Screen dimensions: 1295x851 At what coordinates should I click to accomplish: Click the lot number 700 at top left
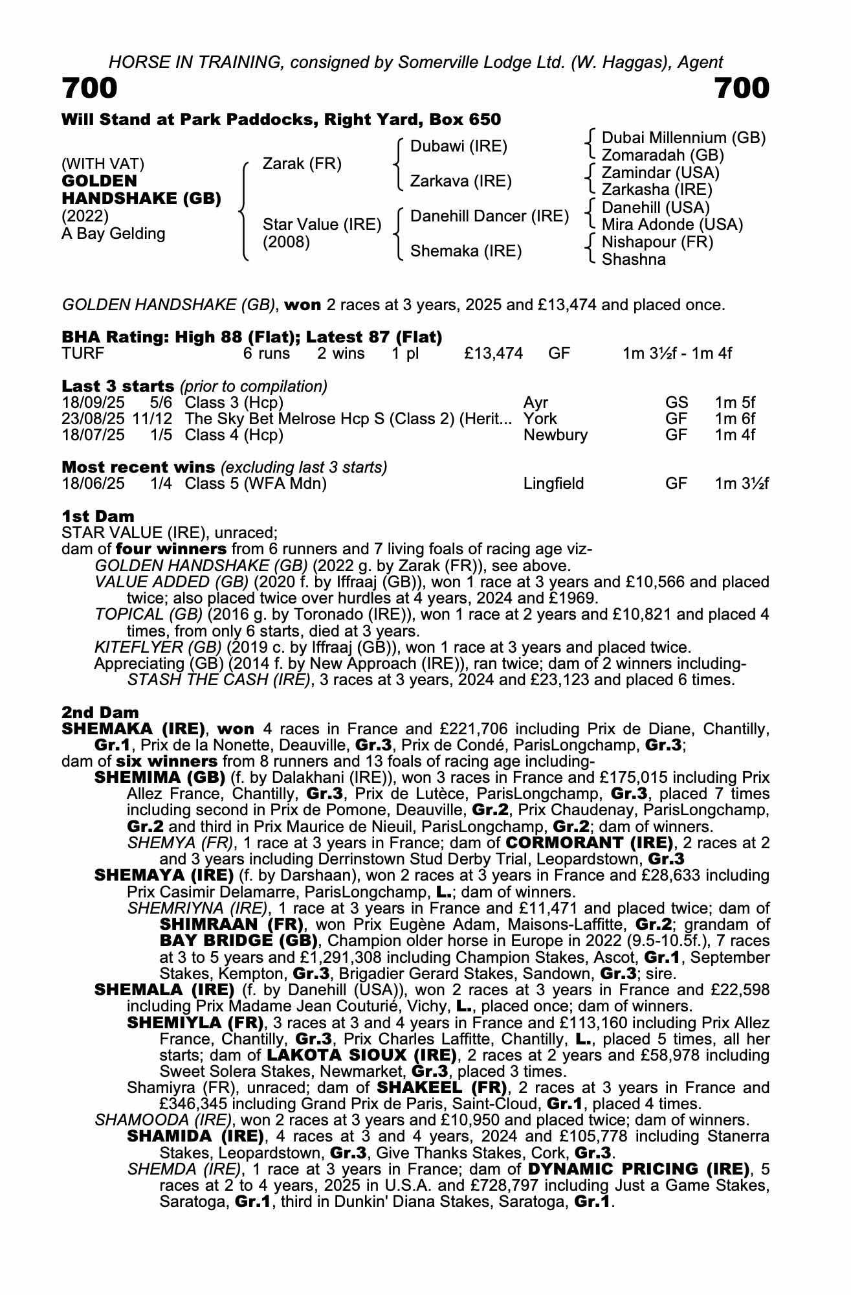(x=90, y=88)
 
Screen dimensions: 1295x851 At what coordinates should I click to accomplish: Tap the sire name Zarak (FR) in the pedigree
(x=302, y=164)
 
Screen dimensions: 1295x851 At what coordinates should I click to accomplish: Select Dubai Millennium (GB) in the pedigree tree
(x=683, y=138)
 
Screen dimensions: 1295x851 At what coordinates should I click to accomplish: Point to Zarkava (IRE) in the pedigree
(x=461, y=181)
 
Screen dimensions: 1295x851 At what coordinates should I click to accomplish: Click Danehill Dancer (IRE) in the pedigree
(x=489, y=216)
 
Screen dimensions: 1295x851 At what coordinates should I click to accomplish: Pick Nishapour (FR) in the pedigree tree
(x=657, y=242)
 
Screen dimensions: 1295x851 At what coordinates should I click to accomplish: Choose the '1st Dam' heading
(x=98, y=516)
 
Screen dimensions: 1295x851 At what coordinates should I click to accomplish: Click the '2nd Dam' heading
(x=100, y=712)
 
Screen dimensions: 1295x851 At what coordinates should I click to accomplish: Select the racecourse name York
(x=540, y=418)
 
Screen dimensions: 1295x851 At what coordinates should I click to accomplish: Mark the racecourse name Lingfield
(x=553, y=484)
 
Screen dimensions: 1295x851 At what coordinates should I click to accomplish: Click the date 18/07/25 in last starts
(x=93, y=434)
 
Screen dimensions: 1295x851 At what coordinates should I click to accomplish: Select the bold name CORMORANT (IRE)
(x=590, y=842)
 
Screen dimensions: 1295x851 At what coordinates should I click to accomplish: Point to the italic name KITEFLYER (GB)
(x=149, y=647)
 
